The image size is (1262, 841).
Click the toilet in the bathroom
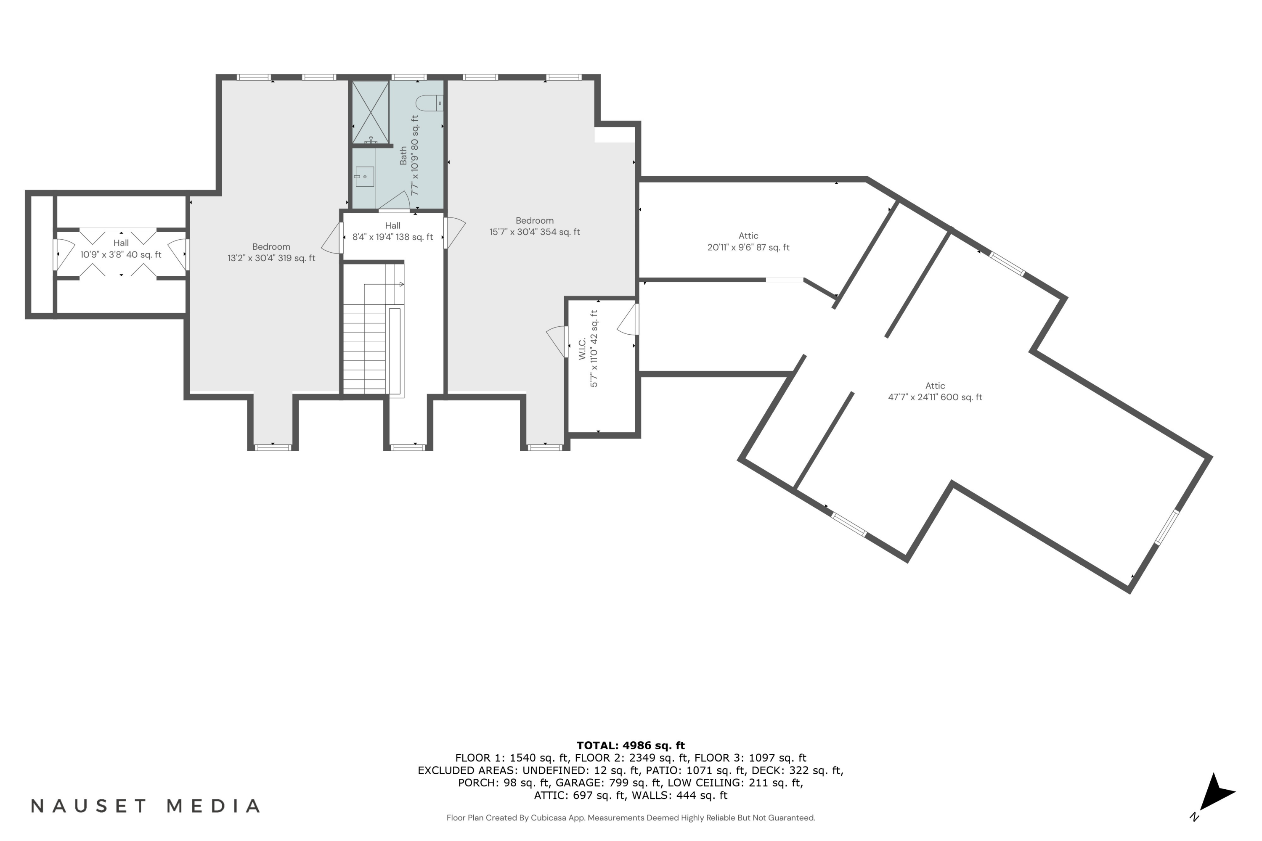click(430, 103)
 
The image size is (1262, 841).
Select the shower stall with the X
click(370, 112)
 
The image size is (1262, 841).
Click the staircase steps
click(364, 349)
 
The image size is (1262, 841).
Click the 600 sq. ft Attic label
click(935, 391)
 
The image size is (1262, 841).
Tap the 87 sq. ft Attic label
click(748, 241)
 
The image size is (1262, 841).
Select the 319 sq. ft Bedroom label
click(271, 252)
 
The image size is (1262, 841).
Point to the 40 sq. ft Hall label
click(121, 249)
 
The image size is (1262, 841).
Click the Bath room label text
click(403, 156)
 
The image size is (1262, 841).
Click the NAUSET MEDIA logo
click(146, 806)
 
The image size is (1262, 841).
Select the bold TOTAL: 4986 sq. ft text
click(631, 746)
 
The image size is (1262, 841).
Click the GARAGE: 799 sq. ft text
click(608, 783)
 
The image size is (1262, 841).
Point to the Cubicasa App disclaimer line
click(631, 817)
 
